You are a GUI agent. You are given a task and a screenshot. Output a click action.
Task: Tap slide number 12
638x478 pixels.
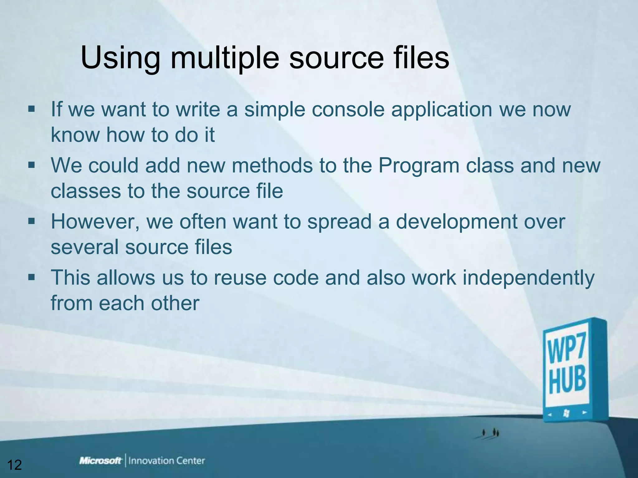coord(14,465)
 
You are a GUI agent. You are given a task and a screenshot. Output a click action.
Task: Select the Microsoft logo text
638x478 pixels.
coord(100,461)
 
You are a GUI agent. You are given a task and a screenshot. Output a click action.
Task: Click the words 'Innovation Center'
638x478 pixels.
coord(167,461)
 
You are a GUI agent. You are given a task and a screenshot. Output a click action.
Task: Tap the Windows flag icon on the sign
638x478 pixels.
coord(566,413)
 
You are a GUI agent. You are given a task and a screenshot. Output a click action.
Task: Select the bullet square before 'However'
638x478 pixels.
coord(31,221)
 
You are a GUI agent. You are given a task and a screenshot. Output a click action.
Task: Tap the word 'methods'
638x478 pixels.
coord(272,166)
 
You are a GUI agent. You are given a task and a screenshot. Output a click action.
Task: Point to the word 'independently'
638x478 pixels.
coord(528,278)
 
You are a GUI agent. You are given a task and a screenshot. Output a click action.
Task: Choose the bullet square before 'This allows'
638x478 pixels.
coord(31,277)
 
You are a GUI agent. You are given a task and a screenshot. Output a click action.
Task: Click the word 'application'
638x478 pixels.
coord(442,110)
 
